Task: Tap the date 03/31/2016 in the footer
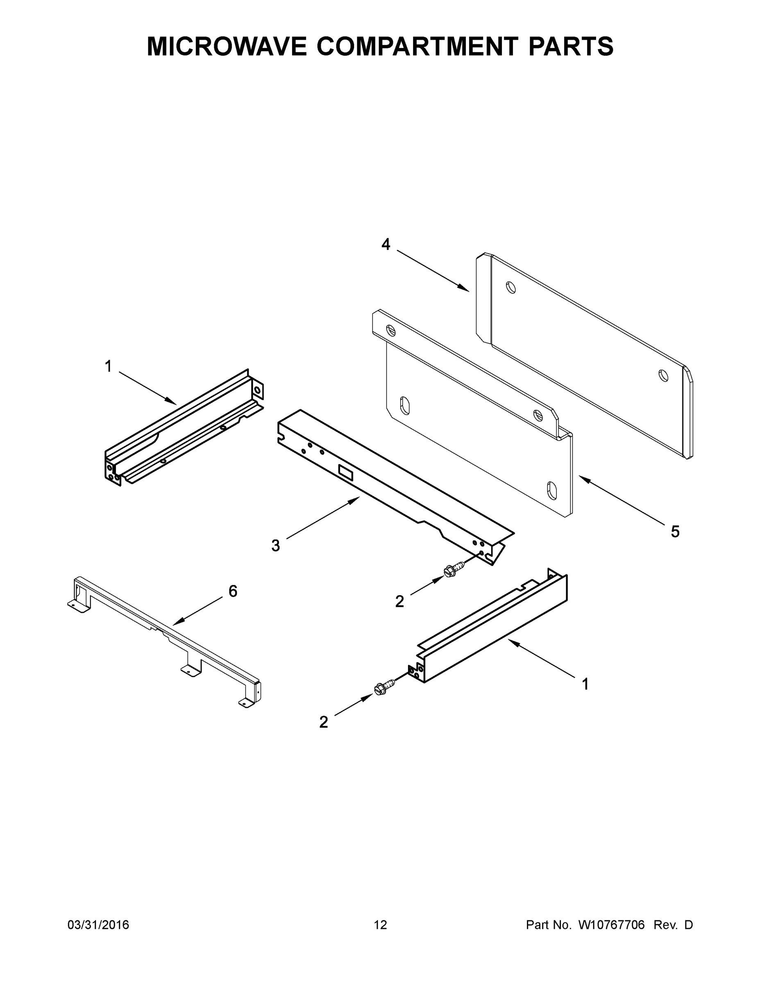pyautogui.click(x=98, y=925)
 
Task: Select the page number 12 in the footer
pyautogui.click(x=380, y=925)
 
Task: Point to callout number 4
pyautogui.click(x=386, y=245)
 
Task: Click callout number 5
pyautogui.click(x=675, y=532)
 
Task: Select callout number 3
pyautogui.click(x=276, y=546)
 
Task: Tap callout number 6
pyautogui.click(x=233, y=591)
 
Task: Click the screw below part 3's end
pyautogui.click(x=451, y=571)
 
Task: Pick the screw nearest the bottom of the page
pyautogui.click(x=382, y=688)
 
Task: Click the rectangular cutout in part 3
pyautogui.click(x=346, y=472)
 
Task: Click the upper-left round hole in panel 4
pyautogui.click(x=510, y=287)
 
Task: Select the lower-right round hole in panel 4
pyautogui.click(x=663, y=375)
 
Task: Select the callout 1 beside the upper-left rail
pyautogui.click(x=108, y=367)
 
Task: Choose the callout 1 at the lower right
pyautogui.click(x=585, y=684)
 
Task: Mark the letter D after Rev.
pyautogui.click(x=688, y=925)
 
